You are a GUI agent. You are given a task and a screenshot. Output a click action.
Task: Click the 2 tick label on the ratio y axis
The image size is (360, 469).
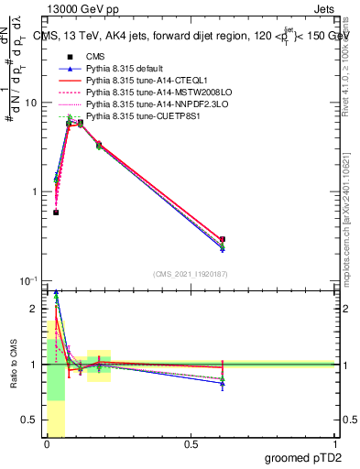34,309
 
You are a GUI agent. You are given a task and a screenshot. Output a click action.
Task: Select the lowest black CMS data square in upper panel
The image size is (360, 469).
56,213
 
